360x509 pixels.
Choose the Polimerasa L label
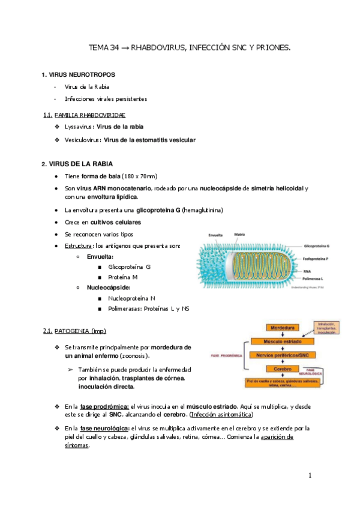coord(316,279)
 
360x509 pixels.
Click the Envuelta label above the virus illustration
coord(216,235)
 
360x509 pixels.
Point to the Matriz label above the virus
coord(239,235)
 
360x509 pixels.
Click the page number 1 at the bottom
coord(310,476)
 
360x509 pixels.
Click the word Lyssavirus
coord(79,127)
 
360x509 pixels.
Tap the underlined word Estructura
coord(79,246)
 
